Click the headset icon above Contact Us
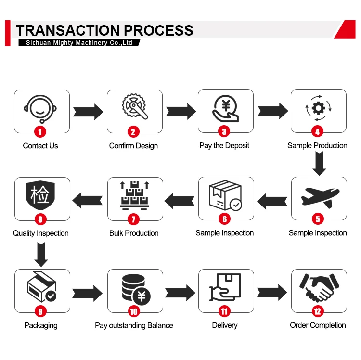point(40,109)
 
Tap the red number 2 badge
point(133,131)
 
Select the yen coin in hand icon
point(225,109)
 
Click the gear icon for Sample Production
point(318,108)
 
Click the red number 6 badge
point(225,219)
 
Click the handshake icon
point(318,288)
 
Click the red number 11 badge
point(225,311)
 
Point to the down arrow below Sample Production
point(318,164)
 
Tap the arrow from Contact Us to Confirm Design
point(89,112)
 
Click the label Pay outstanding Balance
point(134,326)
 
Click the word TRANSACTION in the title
point(65,30)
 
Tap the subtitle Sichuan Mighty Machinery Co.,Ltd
point(76,43)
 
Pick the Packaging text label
point(41,326)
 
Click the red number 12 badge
point(318,311)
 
